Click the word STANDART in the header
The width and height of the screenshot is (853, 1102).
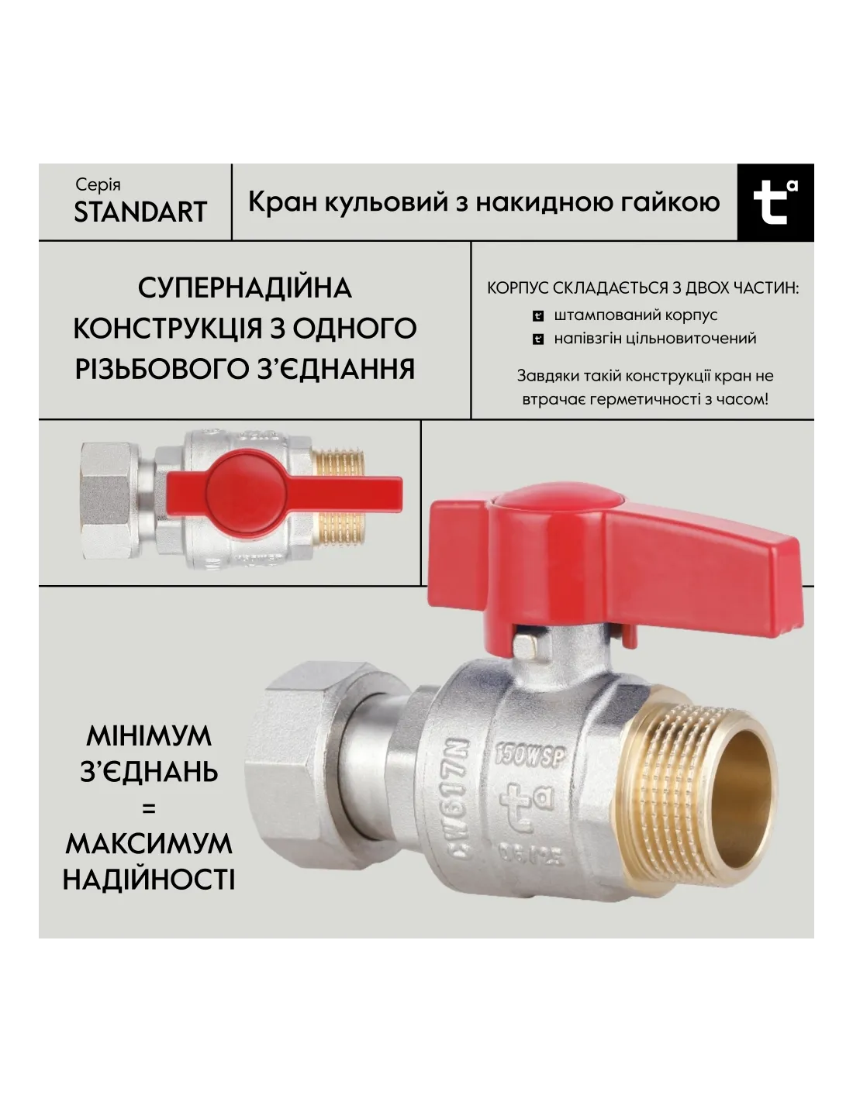(140, 212)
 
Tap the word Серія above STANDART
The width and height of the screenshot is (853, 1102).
(98, 184)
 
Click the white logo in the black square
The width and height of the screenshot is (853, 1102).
(775, 201)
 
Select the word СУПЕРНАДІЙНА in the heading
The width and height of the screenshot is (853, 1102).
(244, 288)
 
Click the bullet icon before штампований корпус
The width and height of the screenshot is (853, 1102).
(538, 316)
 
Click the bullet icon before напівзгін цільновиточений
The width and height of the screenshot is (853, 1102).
(538, 339)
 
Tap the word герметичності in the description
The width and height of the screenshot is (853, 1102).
(644, 399)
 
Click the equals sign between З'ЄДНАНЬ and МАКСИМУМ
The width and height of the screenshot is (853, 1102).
(149, 808)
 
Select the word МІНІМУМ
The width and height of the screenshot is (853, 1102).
(149, 736)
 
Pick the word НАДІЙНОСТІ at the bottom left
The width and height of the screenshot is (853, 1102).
(149, 880)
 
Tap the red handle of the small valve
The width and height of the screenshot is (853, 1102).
(284, 492)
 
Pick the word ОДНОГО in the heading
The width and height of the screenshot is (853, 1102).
(354, 329)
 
